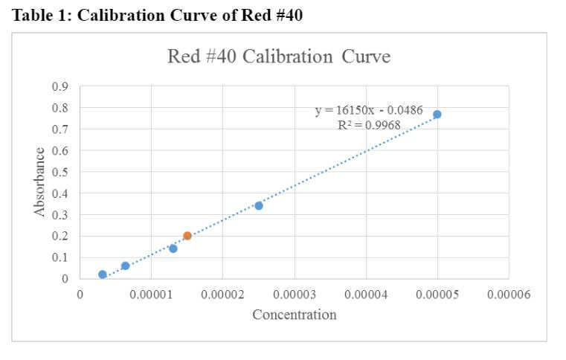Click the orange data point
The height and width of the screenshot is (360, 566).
pos(187,236)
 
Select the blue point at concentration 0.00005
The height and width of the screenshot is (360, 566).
pos(437,115)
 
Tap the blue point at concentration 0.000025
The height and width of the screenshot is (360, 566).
pos(259,205)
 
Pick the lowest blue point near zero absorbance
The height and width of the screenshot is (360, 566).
pos(103,274)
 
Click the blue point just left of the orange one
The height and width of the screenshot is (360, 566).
pos(173,248)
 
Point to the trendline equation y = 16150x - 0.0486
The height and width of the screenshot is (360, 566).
pos(369,111)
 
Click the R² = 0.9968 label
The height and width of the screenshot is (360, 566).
pos(369,125)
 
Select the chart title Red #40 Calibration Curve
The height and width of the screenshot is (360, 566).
pos(279,57)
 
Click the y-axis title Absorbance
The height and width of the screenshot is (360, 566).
pos(39,182)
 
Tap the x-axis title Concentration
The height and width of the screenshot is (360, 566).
pos(295,315)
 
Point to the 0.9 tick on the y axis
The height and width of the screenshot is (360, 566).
pos(60,86)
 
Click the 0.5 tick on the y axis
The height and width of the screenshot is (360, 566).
pos(60,173)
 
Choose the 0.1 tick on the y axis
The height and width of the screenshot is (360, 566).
pos(60,258)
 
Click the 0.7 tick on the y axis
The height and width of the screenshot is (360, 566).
pos(60,129)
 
